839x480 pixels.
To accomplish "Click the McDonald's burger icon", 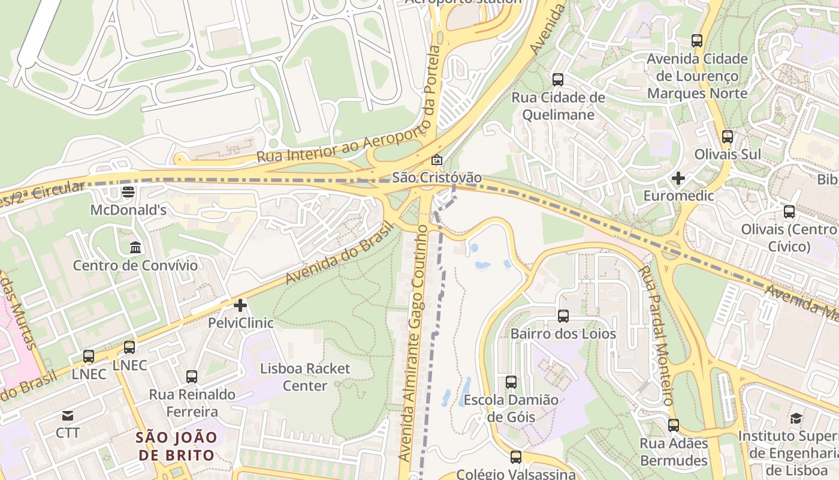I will point(128,192).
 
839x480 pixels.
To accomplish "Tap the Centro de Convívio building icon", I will point(135,247).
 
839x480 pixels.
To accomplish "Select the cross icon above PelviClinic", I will point(240,305).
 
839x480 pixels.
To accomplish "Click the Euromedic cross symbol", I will point(678,178).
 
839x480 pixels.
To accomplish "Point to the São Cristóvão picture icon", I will point(437,160).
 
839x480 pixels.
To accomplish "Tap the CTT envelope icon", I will point(67,415).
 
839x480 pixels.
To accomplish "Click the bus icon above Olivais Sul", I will point(728,136).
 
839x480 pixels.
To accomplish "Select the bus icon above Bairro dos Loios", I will point(563,316).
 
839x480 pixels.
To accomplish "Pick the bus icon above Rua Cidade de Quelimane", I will point(558,79).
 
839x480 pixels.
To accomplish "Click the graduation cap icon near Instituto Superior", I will point(796,418).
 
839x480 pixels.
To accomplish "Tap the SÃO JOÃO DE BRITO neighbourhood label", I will point(176,446).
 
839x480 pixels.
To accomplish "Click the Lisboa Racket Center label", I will point(305,377).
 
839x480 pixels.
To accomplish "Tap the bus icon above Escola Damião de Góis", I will point(511,382).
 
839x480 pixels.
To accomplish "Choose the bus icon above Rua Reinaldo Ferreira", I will point(192,377).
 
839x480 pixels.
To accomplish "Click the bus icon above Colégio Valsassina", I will point(516,457).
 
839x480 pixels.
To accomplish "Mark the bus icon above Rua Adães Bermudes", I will point(674,425).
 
